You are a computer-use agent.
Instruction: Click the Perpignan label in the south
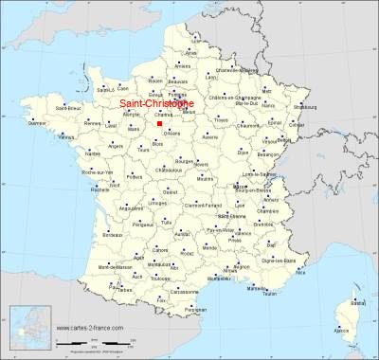195,309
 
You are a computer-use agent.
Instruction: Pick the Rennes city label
91,123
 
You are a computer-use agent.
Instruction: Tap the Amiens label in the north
183,66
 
